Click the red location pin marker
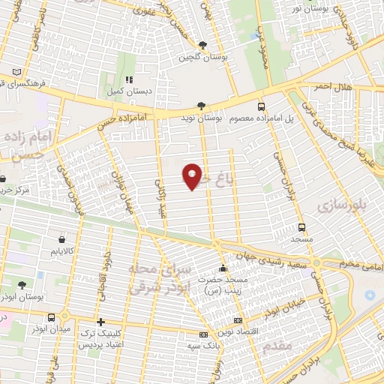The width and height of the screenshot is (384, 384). point(193,175)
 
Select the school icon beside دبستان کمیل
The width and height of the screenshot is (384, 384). point(129,78)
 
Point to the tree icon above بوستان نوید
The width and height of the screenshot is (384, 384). point(199,106)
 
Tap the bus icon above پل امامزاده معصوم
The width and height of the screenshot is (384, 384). point(261,106)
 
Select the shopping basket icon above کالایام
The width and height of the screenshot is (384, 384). point(58,241)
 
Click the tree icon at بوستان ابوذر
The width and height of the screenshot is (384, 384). point(21,285)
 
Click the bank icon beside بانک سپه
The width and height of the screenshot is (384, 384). point(202,334)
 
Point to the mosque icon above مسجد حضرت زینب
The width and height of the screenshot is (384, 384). point(221,268)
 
